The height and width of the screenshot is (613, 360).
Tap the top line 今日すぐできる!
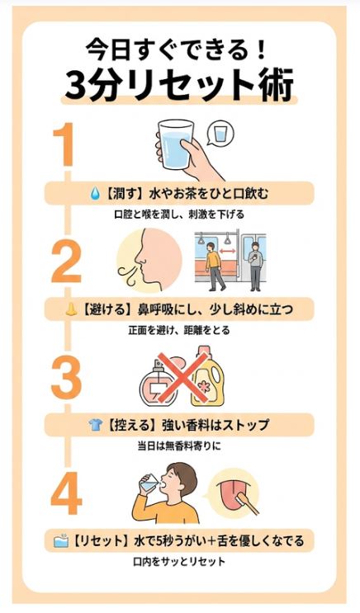click(x=179, y=48)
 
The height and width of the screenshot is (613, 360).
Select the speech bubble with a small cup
click(x=221, y=134)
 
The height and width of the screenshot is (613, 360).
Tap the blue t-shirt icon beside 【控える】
click(x=96, y=425)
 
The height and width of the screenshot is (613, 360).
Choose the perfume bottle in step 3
click(x=159, y=384)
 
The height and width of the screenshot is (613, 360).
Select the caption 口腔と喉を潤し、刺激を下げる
click(x=179, y=215)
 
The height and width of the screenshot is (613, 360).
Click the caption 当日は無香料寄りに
click(x=179, y=446)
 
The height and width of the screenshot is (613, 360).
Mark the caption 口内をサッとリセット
click(x=179, y=563)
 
